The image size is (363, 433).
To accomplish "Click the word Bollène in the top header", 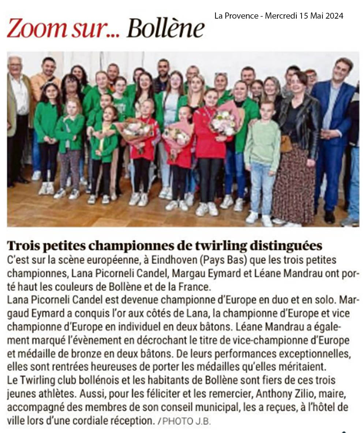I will click(x=165, y=29).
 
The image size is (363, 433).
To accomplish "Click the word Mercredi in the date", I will click(x=280, y=16).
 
